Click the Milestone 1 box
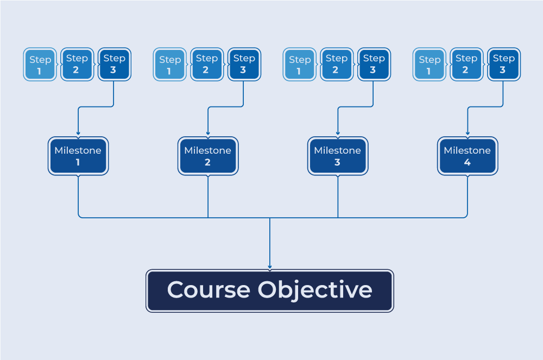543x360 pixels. click(78, 156)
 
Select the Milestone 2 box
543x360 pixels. click(208, 156)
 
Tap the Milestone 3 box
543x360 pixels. click(338, 156)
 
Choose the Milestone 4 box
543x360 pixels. click(468, 156)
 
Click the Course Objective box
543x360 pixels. click(270, 290)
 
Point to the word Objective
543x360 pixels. click(315, 290)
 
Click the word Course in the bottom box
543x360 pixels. click(209, 290)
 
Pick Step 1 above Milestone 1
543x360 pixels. click(40, 65)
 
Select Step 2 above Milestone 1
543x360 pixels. click(77, 64)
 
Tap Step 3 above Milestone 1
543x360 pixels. click(114, 64)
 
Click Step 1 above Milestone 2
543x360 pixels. click(170, 65)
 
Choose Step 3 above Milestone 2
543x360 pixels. click(244, 64)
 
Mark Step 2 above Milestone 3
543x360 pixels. click(337, 64)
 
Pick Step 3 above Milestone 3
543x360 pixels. click(374, 64)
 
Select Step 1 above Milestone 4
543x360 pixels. click(430, 65)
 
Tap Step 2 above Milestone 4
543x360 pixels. click(466, 64)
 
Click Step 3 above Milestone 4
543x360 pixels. click(503, 64)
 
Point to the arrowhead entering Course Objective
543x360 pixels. click(270, 267)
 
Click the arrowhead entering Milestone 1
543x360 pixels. click(78, 134)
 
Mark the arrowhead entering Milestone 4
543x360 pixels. click(468, 134)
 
